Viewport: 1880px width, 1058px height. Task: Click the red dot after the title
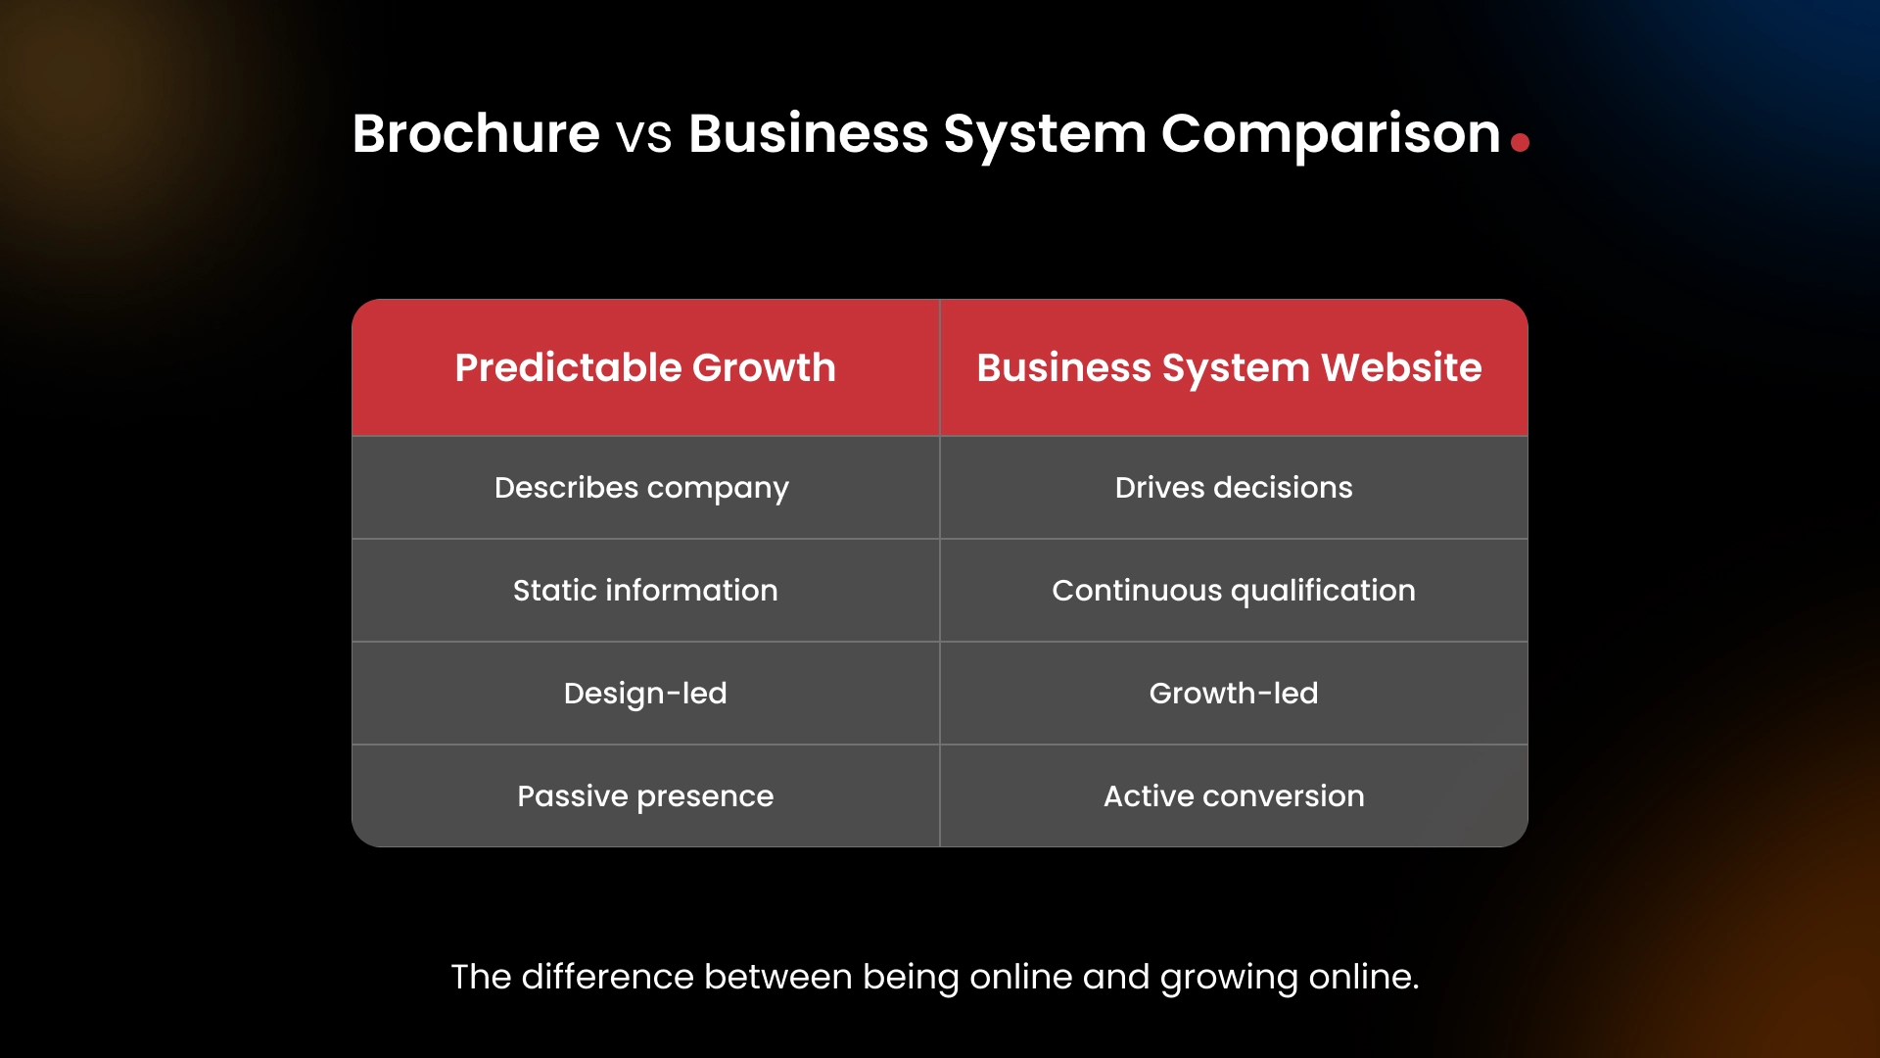1520,143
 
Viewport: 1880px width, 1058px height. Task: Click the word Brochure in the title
476,133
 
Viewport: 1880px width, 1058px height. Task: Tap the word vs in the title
644,135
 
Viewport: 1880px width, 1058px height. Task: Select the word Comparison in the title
1331,133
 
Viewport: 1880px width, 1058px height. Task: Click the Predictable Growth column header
645,367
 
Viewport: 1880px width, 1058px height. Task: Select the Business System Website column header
1229,367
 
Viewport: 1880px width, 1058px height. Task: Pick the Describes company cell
641,488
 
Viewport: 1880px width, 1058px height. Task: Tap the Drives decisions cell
1234,488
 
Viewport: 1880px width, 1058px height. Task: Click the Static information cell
645,591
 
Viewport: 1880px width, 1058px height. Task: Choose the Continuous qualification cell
1234,591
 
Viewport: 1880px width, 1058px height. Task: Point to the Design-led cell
645,694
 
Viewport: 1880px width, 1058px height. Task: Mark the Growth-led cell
1234,694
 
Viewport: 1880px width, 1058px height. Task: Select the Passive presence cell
645,796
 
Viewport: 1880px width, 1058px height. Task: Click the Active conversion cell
1234,796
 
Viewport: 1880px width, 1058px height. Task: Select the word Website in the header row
1401,367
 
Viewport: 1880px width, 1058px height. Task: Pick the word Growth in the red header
764,367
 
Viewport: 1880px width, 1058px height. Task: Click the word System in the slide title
1045,133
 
